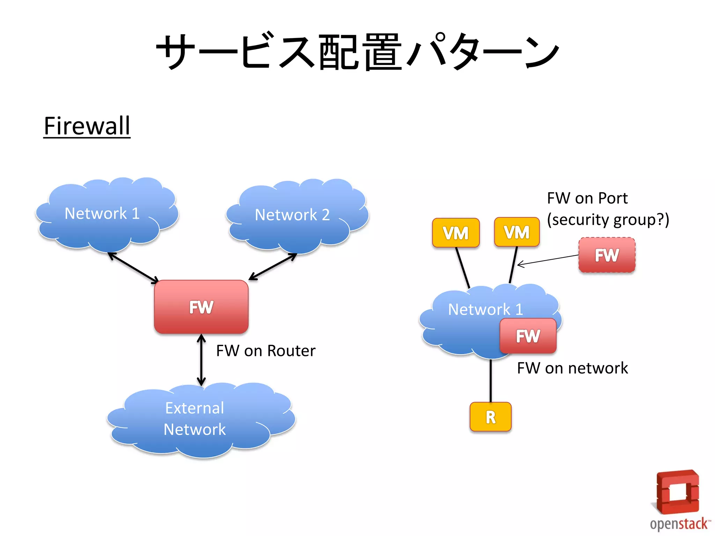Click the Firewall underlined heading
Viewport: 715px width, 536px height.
87,126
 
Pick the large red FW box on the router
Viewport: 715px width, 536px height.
201,307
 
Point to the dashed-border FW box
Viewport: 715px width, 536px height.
607,255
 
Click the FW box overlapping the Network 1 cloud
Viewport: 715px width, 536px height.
528,336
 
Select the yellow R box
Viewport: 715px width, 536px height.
491,417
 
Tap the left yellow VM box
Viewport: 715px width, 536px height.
456,233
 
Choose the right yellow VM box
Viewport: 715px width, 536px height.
517,232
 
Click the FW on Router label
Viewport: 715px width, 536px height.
266,351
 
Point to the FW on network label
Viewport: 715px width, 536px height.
572,368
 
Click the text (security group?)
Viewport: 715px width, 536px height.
608,220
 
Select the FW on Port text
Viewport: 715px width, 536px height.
587,198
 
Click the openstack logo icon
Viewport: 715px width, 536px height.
677,492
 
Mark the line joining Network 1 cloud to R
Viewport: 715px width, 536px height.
491,380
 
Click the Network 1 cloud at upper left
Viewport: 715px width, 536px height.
105,214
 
